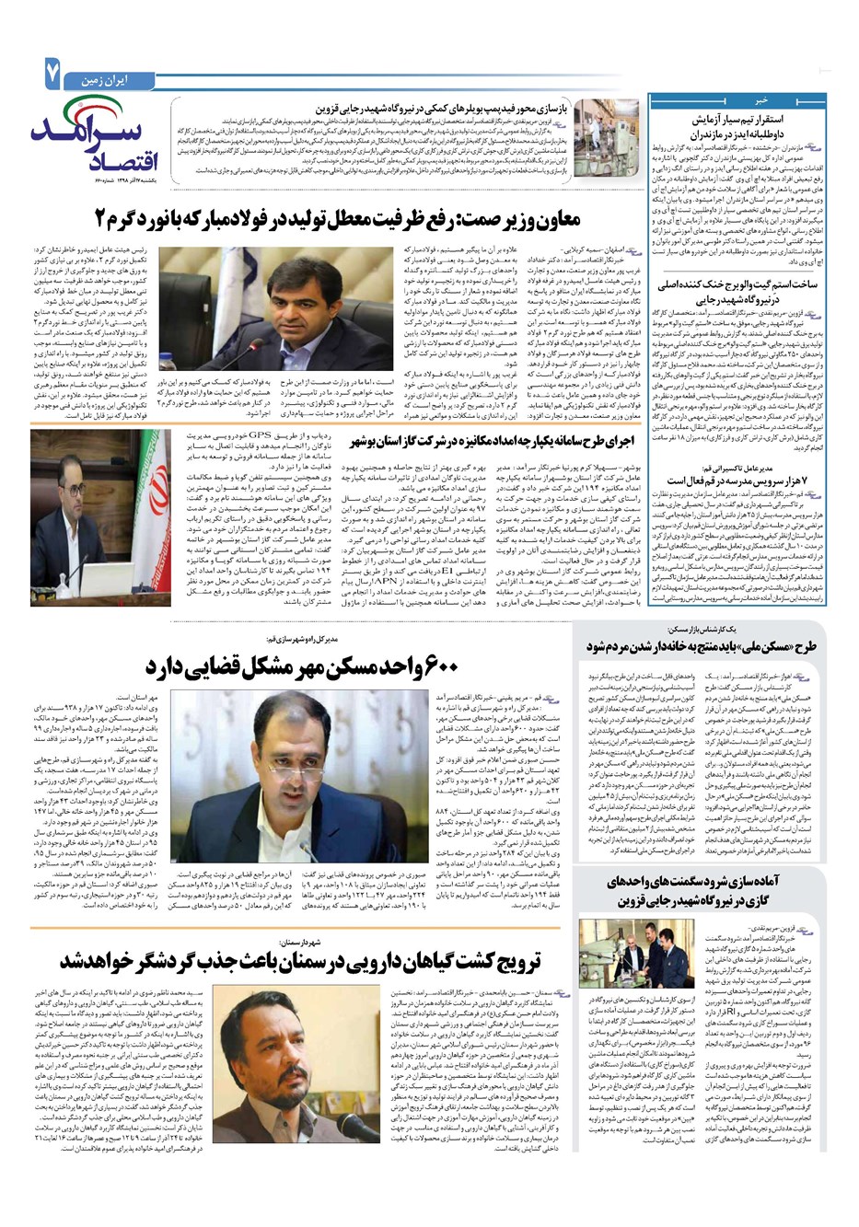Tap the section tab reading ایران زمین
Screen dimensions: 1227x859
coord(99,71)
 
